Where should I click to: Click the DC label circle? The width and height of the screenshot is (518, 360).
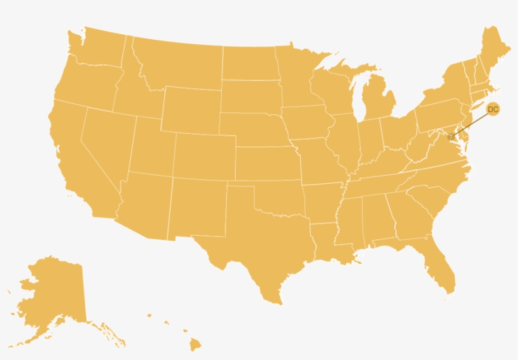tap(493, 109)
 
